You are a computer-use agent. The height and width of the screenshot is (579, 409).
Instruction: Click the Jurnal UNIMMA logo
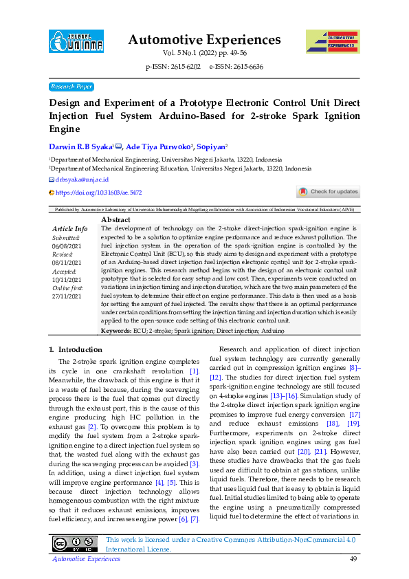pyautogui.click(x=76, y=42)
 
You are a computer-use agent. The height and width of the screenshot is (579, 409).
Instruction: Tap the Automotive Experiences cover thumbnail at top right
pyautogui.click(x=332, y=42)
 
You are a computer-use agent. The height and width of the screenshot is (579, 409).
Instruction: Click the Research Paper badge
pyautogui.click(x=71, y=87)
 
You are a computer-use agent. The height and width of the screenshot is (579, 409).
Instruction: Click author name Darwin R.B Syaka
pyautogui.click(x=80, y=146)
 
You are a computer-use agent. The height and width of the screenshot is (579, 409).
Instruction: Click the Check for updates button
pyautogui.click(x=328, y=192)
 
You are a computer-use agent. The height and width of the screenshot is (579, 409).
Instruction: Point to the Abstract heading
pyautogui.click(x=115, y=219)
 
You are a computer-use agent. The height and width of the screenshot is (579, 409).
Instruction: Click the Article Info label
pyautogui.click(x=70, y=228)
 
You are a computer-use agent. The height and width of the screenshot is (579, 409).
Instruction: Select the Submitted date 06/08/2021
pyautogui.click(x=66, y=245)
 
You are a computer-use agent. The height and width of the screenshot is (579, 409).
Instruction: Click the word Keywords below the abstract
pyautogui.click(x=116, y=331)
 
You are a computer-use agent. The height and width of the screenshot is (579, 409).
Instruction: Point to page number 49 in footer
pyautogui.click(x=354, y=559)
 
